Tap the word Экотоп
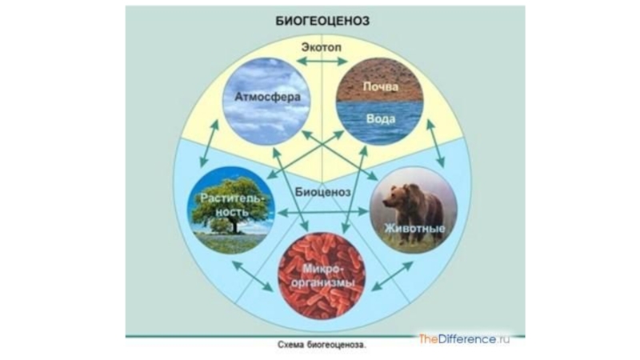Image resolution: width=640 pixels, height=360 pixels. pos(323,46)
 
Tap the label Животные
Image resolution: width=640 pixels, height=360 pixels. pos(415,230)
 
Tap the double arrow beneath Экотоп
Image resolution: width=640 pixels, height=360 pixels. pos(323,61)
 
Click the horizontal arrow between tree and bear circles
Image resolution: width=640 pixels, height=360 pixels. pos(322,211)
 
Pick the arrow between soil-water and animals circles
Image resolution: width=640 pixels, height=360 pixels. pos(436,144)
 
